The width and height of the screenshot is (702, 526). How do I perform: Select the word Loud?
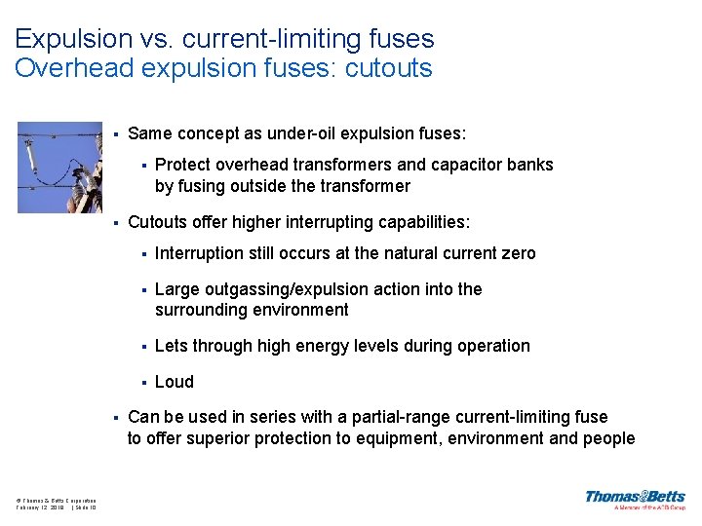pos(175,382)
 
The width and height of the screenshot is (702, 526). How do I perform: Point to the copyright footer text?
pos(56,504)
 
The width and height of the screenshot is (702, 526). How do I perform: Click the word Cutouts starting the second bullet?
pos(158,222)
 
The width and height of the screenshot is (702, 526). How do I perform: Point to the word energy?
pos(330,346)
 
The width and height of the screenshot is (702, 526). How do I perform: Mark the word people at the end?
pos(607,438)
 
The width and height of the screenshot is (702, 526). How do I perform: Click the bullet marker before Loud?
pos(143,383)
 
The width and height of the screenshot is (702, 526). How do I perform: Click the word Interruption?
pos(198,253)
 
